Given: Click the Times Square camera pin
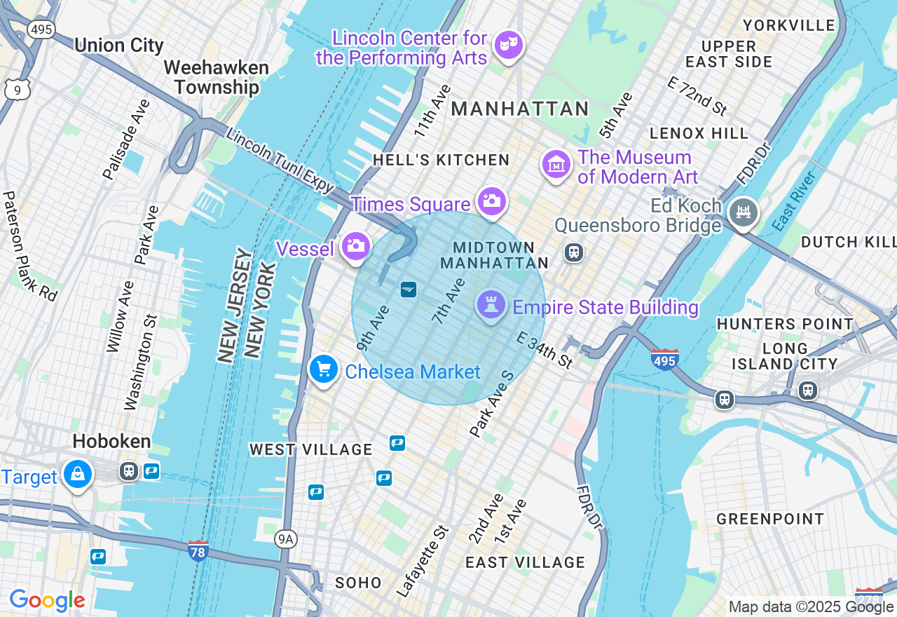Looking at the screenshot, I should coord(491,201).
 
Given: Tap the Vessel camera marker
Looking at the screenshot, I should coord(356,246).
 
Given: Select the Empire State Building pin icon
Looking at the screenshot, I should coord(491,305).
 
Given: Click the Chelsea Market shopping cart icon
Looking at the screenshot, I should coord(323,369).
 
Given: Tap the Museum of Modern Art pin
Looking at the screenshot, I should coord(556,165).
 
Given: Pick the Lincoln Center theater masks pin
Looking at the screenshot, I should coord(508,46).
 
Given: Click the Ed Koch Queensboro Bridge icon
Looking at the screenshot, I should coord(743,211).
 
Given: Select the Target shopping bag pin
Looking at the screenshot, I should coord(78,475).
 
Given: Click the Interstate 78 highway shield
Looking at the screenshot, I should coord(198,550).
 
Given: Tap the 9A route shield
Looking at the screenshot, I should coord(285,538).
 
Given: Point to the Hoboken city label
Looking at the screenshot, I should coord(112,441).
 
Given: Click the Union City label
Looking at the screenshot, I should coord(118,46).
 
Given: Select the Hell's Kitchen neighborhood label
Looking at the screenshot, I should coord(441,160).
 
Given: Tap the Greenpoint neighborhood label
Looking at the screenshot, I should coord(770,519).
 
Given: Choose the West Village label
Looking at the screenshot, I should coord(310,449).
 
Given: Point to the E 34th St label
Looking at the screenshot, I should coord(545,350).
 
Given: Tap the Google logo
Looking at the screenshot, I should coord(47,600).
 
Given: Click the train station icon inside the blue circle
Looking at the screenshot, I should coord(408,289).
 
